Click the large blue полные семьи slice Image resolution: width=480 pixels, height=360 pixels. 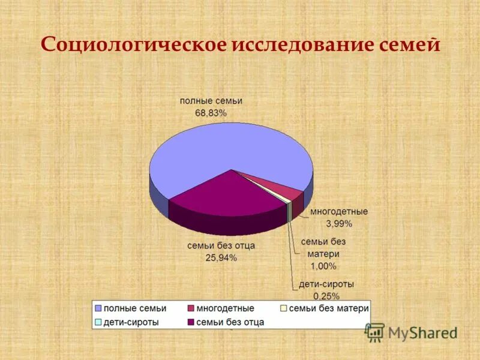[228, 150]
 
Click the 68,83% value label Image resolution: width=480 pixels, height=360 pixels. [211, 113]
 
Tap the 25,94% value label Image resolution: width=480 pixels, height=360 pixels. [221, 258]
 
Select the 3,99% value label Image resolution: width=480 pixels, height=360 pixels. [338, 224]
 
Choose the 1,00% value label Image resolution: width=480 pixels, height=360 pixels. [323, 266]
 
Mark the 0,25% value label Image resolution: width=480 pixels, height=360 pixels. [327, 296]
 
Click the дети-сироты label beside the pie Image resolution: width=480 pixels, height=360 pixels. [327, 284]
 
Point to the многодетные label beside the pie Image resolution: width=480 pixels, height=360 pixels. [339, 212]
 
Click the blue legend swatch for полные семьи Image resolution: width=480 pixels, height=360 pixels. [99, 308]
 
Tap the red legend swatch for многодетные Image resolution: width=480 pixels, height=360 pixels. [191, 308]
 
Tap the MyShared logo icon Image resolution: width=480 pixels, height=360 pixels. [375, 332]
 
